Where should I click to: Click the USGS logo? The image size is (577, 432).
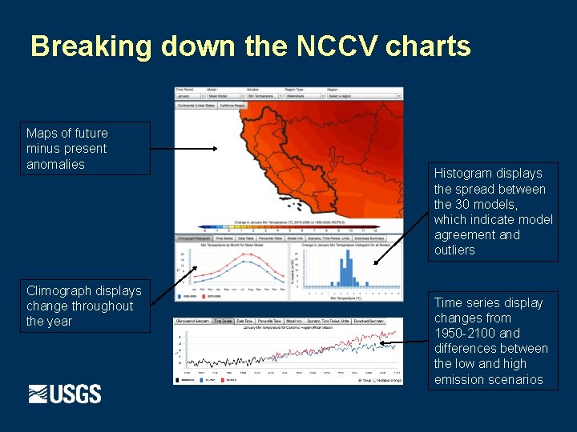pyautogui.click(x=65, y=394)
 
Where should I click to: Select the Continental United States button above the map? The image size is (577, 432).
pyautogui.click(x=196, y=105)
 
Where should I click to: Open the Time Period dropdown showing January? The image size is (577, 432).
pyautogui.click(x=189, y=96)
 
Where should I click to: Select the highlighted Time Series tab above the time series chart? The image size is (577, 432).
pyautogui.click(x=223, y=321)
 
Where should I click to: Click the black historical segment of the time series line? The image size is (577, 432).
pyautogui.click(x=232, y=355)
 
